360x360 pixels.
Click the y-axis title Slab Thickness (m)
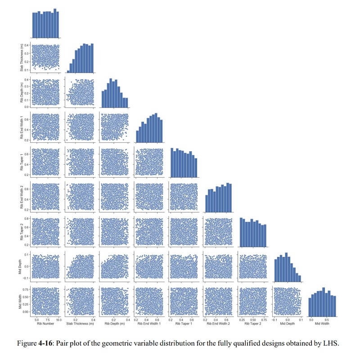pos(22,57)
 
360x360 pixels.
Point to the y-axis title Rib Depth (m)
pos(22,92)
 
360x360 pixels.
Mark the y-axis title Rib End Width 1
pos(22,127)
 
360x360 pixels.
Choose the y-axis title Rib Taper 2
pos(22,231)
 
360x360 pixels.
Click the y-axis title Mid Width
pos(22,301)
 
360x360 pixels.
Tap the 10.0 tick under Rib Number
pos(58,318)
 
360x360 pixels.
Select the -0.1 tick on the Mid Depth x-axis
pos(275,318)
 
